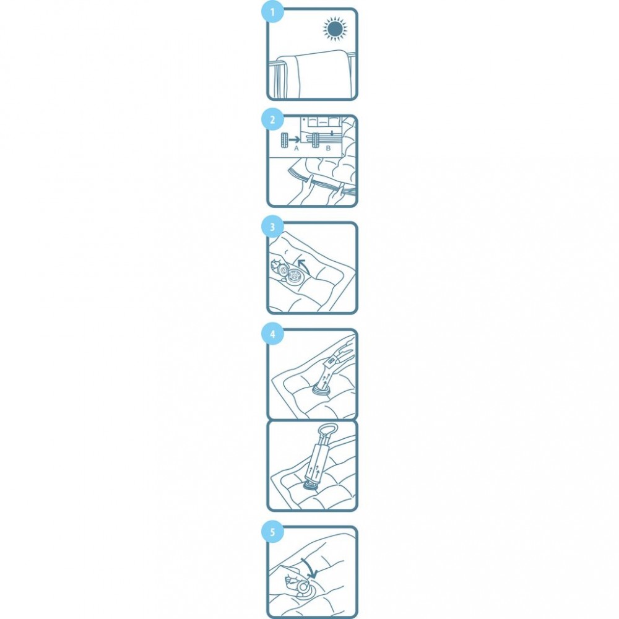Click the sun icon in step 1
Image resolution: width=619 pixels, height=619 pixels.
335,28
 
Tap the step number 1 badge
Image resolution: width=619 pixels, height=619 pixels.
272,12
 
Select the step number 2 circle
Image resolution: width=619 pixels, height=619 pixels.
272,119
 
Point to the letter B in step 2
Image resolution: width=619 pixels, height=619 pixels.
328,149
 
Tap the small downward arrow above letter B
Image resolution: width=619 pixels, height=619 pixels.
332,132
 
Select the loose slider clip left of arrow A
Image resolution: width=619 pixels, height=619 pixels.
284,140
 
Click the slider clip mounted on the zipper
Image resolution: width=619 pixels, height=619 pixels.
316,141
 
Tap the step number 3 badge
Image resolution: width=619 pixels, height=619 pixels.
272,227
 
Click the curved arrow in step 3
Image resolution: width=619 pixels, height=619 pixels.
304,264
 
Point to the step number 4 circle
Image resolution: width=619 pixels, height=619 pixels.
272,334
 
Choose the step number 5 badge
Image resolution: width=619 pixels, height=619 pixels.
272,532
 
